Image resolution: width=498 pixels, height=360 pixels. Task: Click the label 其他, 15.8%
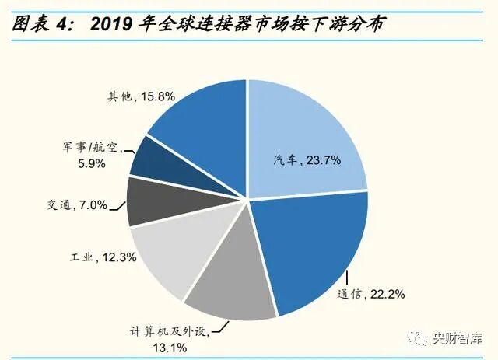pos(141,98)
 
